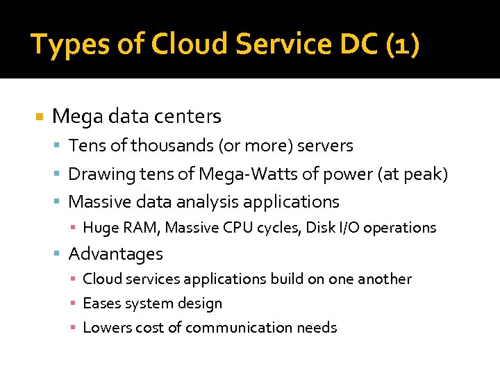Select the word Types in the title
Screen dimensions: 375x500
[x=63, y=44]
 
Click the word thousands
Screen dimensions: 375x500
[x=174, y=146]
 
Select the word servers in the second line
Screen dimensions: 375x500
[x=325, y=146]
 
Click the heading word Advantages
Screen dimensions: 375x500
[x=116, y=254]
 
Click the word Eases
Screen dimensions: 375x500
[x=101, y=303]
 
